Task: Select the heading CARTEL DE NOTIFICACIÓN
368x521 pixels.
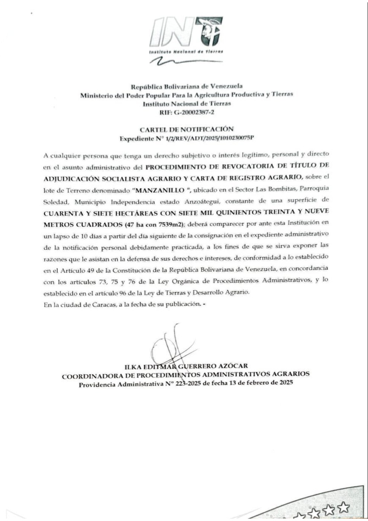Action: (x=186, y=129)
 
